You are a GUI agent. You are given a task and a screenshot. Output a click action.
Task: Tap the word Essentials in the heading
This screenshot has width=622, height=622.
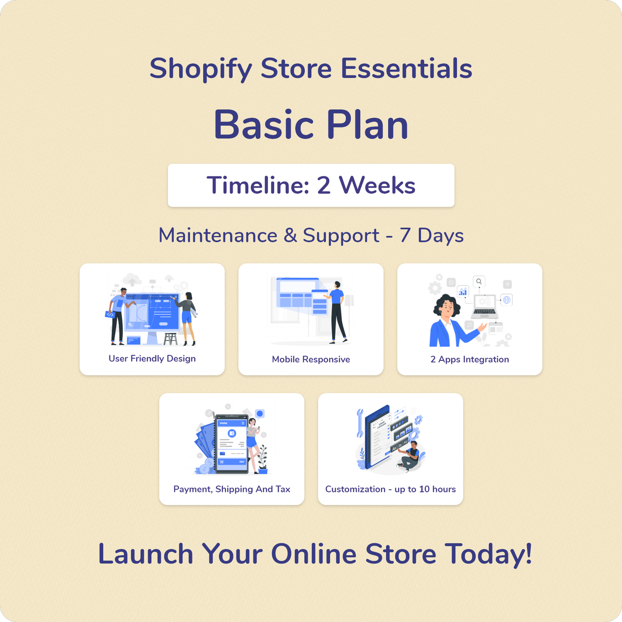click(406, 68)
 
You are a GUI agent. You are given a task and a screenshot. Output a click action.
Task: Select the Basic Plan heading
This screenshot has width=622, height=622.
click(311, 124)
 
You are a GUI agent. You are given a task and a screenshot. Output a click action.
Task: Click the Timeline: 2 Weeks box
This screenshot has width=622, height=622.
click(311, 185)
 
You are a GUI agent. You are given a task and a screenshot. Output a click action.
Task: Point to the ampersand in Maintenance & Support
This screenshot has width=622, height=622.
click(290, 235)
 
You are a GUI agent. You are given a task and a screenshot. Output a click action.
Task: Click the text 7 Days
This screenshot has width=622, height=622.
click(432, 235)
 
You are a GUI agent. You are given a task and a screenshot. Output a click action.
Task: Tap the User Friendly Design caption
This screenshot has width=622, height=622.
click(152, 359)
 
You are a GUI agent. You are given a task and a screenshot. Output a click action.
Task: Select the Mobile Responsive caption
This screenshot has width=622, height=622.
click(311, 359)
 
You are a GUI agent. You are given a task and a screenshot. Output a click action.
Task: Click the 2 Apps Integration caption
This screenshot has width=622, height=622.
click(470, 359)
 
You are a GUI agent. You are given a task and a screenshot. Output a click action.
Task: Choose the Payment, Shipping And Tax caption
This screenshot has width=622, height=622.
click(232, 489)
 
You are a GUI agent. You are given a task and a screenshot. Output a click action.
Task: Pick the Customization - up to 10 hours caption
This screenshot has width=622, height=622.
click(390, 489)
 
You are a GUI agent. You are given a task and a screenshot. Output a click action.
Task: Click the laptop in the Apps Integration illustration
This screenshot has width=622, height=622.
click(485, 306)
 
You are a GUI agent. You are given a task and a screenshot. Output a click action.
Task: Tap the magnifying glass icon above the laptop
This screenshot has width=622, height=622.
click(479, 282)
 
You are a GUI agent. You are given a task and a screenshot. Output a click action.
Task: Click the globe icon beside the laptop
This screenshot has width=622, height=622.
click(507, 300)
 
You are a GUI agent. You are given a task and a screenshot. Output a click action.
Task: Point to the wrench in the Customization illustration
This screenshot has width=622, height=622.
click(360, 423)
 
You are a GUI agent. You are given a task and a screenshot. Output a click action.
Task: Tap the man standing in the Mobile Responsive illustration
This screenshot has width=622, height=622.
click(336, 312)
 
